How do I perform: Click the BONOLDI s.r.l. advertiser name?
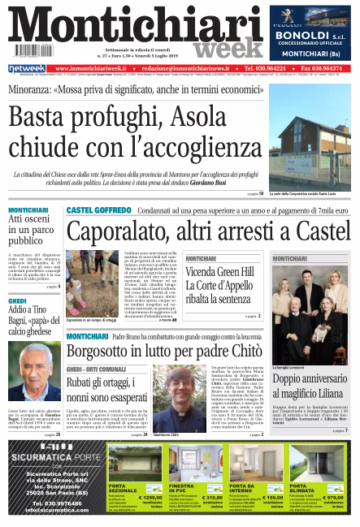coord(310,36)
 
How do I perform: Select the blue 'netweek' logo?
coord(27,68)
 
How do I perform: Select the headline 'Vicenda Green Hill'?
coord(219,270)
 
